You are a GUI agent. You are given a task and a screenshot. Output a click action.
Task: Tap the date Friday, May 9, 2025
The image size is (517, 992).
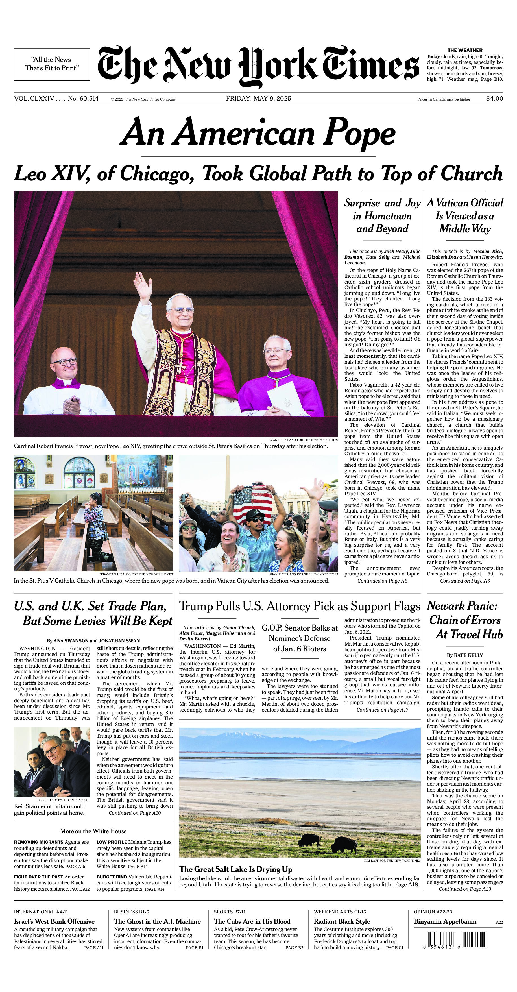pos(258,99)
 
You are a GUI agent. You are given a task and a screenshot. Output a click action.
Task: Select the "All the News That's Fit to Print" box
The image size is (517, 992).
pos(52,64)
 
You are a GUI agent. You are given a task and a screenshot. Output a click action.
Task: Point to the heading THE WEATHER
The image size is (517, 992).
pos(465,50)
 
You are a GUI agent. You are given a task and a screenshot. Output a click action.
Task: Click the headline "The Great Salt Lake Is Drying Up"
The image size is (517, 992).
pos(235,869)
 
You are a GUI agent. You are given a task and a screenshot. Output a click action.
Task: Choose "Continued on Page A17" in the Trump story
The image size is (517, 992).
pos(382,710)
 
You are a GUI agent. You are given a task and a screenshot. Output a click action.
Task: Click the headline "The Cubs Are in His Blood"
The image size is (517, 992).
pos(252,921)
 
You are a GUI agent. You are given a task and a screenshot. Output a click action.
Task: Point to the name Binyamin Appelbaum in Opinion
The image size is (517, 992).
pos(445,921)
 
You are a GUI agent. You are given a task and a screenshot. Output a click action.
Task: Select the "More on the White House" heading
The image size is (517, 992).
pos(93,831)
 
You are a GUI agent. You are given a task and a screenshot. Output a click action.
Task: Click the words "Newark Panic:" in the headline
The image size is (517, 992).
pos(462,606)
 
